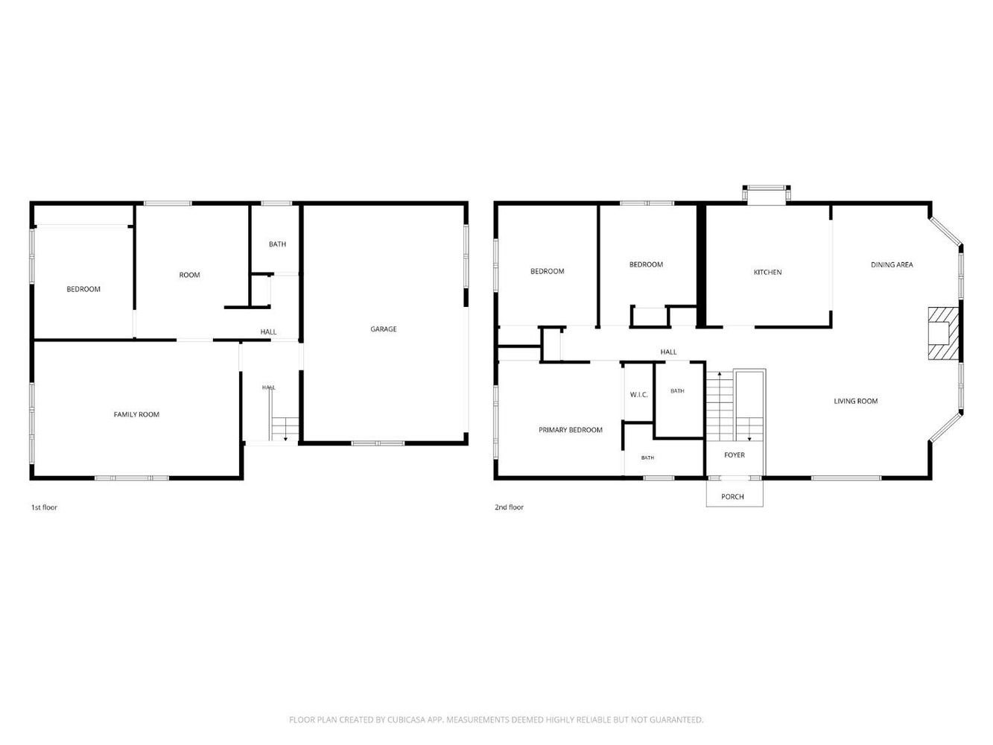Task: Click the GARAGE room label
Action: click(x=383, y=329)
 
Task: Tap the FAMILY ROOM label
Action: click(x=136, y=414)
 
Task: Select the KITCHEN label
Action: click(x=767, y=272)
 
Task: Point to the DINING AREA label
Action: click(x=892, y=264)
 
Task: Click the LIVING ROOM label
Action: click(x=855, y=401)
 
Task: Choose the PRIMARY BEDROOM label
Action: click(x=570, y=430)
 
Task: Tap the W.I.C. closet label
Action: click(x=638, y=395)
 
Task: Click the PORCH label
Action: click(x=732, y=496)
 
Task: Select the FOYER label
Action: click(x=735, y=454)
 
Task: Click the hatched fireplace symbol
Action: click(x=943, y=333)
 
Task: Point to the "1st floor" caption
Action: click(x=44, y=507)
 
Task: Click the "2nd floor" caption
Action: click(x=509, y=507)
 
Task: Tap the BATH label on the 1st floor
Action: click(x=277, y=244)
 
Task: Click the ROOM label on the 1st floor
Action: click(x=189, y=275)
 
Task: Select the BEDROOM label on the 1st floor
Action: click(x=83, y=289)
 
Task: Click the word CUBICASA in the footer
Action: click(x=406, y=720)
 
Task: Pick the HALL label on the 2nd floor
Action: click(x=668, y=352)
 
